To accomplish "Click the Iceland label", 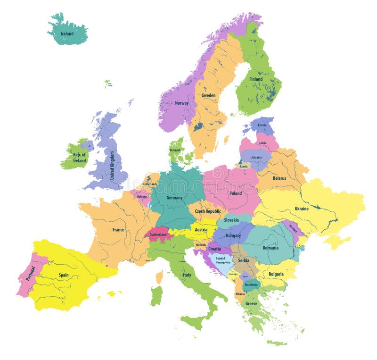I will tap(67, 34).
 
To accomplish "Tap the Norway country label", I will tap(181, 103).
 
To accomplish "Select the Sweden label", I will tap(209, 96).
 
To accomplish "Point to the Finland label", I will tap(256, 79).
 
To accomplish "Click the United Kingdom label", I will tap(112, 165).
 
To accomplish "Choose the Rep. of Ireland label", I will tap(79, 158).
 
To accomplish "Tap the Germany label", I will tap(174, 198).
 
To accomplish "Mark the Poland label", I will tap(236, 193).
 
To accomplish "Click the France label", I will tap(118, 230).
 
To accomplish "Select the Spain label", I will tap(64, 275).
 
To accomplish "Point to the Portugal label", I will tap(30, 273).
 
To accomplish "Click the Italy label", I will tap(187, 275).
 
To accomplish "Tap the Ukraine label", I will tap(302, 209).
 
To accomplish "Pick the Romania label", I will tap(270, 248).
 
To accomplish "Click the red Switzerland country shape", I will tap(158, 234).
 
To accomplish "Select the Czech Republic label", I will tap(208, 211).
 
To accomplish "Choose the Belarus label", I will tap(279, 178).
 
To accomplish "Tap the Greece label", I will tap(252, 303).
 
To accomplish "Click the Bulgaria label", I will tap(276, 274).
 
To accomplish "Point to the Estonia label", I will tap(262, 125).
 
